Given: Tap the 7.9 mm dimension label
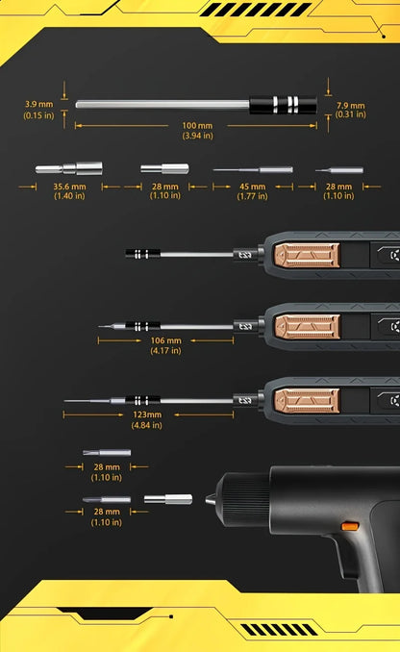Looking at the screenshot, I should (x=351, y=105).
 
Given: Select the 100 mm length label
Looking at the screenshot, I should (x=197, y=126).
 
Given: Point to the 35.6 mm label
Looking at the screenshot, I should (x=70, y=186).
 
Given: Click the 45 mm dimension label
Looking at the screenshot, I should (x=253, y=186).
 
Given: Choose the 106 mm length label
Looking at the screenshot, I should (x=165, y=340).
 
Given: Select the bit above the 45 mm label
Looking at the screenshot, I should (x=252, y=169).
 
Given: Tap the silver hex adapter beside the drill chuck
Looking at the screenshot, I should (x=167, y=499).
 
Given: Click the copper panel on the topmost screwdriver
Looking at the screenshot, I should (x=306, y=255).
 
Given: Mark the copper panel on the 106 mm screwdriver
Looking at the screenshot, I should (x=306, y=327).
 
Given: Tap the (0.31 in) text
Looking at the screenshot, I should (x=351, y=115).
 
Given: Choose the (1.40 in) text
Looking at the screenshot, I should (x=70, y=196).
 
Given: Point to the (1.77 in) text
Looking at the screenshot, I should (x=253, y=196).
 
